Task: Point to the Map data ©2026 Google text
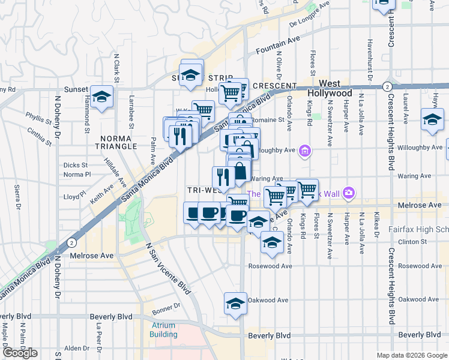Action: (412, 355)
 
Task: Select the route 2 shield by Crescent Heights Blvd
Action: (388, 86)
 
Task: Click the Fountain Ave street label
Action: (277, 48)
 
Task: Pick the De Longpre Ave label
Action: (310, 16)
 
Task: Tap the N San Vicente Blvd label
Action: (169, 269)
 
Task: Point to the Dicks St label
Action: (76, 164)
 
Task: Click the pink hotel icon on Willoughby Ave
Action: (305, 150)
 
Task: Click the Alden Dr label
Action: (76, 348)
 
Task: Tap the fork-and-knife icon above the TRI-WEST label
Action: (221, 176)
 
